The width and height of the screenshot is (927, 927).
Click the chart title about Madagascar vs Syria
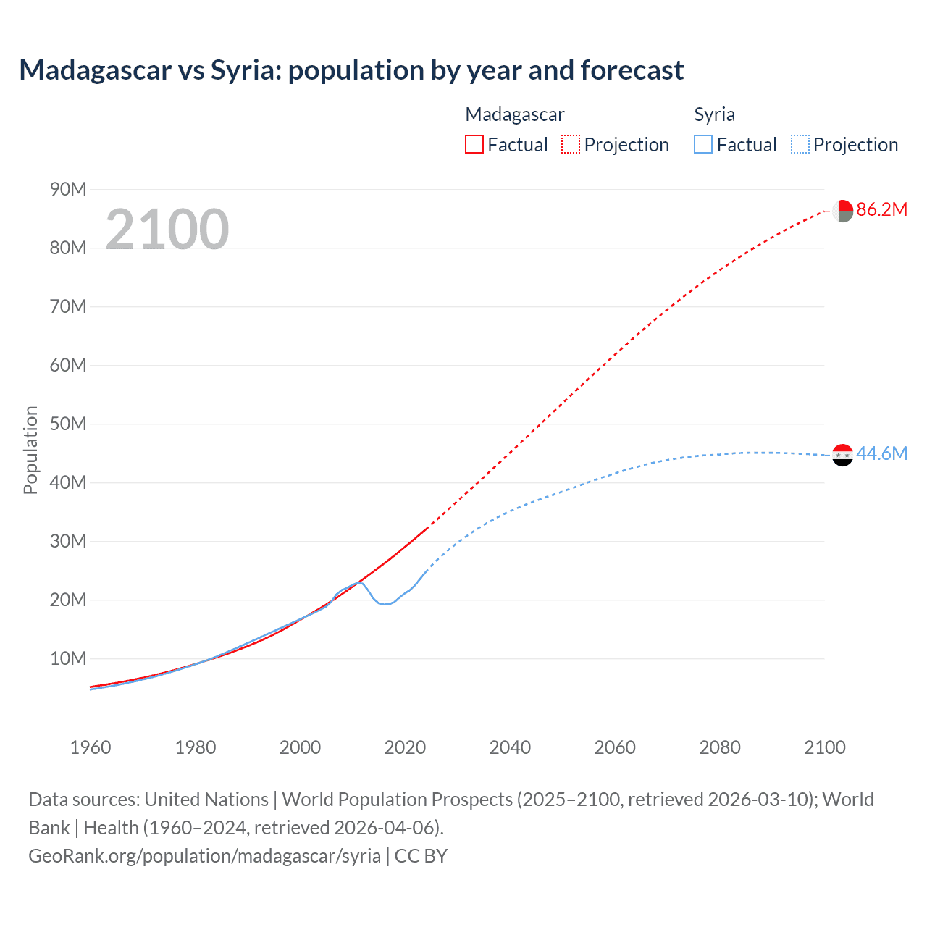351,70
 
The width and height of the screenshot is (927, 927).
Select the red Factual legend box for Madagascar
474,144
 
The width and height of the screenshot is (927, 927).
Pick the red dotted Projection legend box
571,144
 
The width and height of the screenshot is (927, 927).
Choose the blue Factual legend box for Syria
702,144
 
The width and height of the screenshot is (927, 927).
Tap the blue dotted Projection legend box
800,144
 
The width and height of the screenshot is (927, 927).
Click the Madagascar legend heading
514,114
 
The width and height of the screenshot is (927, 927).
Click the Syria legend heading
714,114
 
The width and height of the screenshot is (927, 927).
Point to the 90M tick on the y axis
68,190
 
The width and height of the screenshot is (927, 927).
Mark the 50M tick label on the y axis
68,424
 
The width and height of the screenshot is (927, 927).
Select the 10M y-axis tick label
68,658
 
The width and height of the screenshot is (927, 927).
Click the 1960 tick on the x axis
91,747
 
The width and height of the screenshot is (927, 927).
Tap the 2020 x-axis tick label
405,747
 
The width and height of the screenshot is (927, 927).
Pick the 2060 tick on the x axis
615,747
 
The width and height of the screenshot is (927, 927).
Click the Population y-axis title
30,450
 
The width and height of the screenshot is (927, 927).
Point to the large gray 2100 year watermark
167,230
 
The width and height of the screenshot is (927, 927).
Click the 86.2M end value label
881,210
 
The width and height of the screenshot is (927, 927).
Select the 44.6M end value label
881,454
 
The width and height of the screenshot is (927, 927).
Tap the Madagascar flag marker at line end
842,211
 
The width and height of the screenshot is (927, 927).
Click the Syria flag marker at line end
842,455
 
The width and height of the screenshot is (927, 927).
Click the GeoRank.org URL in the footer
205,856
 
